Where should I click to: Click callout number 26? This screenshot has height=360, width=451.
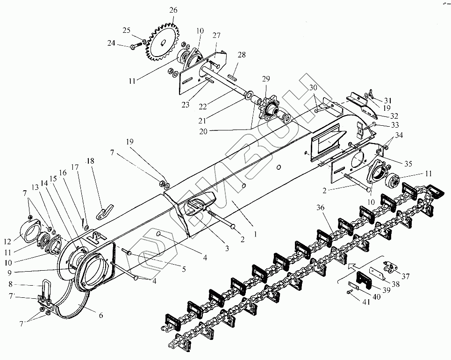[x=173, y=10]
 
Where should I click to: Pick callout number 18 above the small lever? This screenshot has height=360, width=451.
[x=90, y=161]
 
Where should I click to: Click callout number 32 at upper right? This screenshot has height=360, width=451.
[x=394, y=115]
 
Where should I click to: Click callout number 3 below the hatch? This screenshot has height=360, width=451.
[x=227, y=248]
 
